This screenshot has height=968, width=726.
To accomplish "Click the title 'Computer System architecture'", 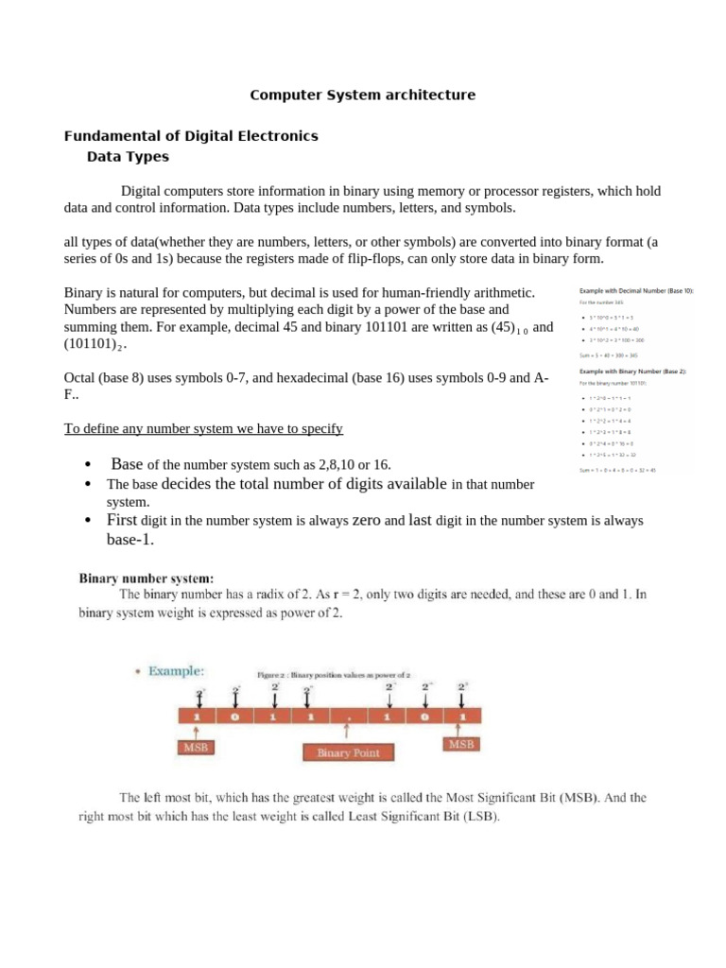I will click(362, 95).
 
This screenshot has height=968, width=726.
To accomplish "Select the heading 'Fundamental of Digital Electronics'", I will click(190, 136).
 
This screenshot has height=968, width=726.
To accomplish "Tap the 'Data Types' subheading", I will click(128, 157).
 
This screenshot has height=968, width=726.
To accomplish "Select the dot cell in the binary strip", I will click(349, 717).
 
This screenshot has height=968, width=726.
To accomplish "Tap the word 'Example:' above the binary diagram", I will click(174, 670).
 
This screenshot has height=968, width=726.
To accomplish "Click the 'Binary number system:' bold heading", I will click(147, 577).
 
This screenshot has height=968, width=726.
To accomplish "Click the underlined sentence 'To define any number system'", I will click(203, 429).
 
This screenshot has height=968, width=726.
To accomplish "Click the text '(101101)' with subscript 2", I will click(95, 346).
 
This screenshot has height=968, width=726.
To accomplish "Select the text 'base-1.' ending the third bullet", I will click(130, 540).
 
